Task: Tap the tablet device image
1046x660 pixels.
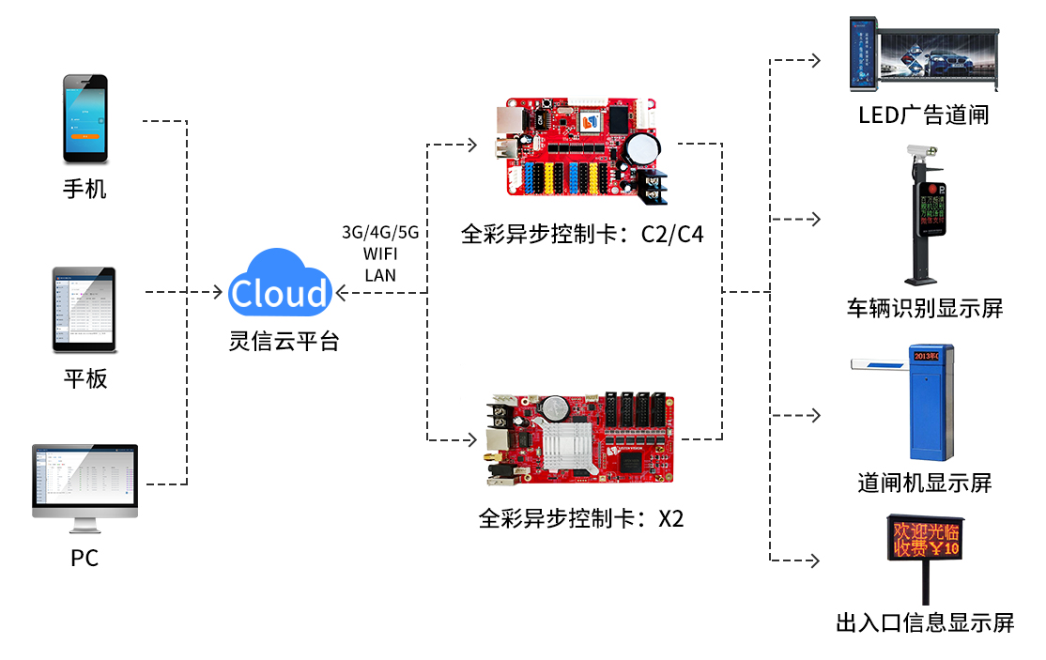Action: [x=84, y=309]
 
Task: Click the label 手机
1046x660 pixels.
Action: [x=85, y=189]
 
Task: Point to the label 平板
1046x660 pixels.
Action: [x=85, y=378]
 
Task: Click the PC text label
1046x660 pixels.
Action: [x=85, y=558]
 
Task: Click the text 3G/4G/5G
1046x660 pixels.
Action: [x=380, y=232]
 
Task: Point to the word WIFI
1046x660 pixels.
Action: [x=380, y=253]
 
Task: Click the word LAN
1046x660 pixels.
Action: [x=380, y=275]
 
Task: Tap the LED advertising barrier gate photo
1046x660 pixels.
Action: [x=923, y=55]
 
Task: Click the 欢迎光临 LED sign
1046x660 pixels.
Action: [x=925, y=537]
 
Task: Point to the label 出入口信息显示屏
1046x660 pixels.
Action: [x=925, y=622]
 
